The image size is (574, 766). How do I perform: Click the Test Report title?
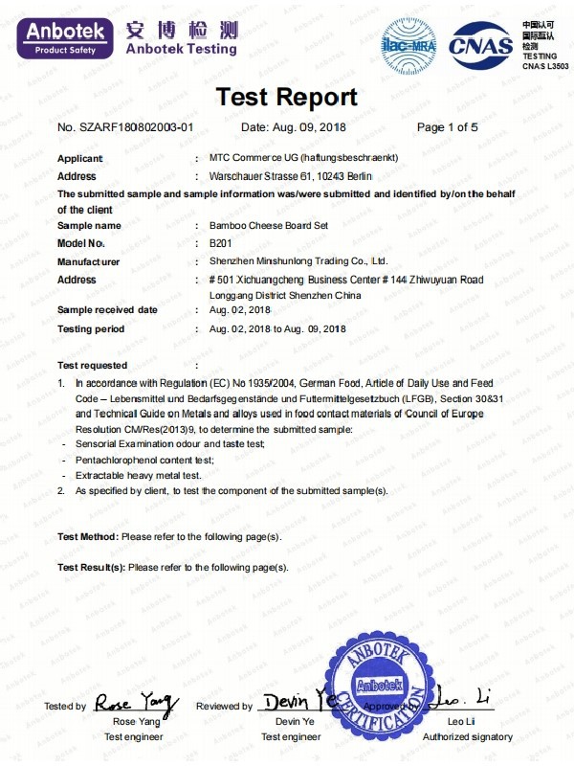click(286, 97)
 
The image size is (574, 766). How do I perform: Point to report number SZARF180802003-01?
click(125, 127)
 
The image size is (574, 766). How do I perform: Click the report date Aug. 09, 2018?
click(293, 127)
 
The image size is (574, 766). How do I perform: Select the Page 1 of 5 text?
click(447, 127)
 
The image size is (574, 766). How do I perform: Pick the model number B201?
click(220, 243)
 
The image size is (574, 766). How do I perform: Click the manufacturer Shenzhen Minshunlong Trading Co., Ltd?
click(298, 260)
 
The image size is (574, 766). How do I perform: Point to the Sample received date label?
click(107, 310)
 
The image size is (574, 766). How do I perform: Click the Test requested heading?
click(92, 365)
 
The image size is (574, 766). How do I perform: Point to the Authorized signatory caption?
click(468, 736)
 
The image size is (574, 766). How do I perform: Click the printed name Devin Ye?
click(295, 721)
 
